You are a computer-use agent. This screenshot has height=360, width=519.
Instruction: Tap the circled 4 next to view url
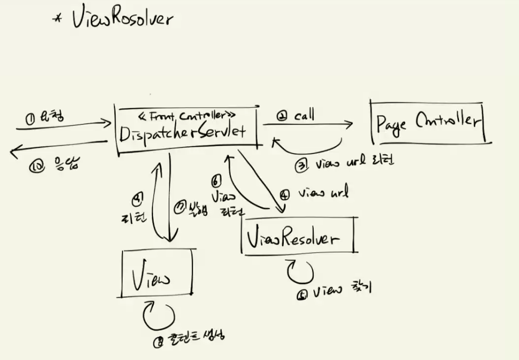tap(284, 194)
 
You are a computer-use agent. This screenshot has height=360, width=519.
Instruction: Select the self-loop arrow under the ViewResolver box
tap(300, 271)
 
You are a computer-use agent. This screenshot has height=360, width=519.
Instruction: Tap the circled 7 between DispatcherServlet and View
tap(178, 206)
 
